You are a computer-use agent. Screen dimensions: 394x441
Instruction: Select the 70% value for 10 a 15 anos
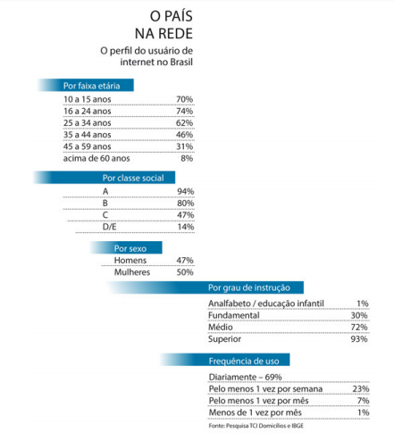(x=185, y=98)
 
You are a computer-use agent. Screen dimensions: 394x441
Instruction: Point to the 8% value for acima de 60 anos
(x=188, y=157)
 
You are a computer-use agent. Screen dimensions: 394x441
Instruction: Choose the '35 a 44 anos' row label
(x=88, y=134)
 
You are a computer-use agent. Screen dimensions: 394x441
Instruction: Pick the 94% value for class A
(x=185, y=192)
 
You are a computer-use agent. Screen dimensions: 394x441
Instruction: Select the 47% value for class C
(x=185, y=215)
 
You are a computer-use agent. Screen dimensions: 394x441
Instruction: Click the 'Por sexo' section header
(x=125, y=247)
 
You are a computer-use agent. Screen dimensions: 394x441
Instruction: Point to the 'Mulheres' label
(x=131, y=272)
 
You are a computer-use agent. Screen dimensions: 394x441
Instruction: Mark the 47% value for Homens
(x=185, y=261)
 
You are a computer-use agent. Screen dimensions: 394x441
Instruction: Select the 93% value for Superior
(x=359, y=339)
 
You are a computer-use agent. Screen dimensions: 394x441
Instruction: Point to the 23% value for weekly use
(x=359, y=388)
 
